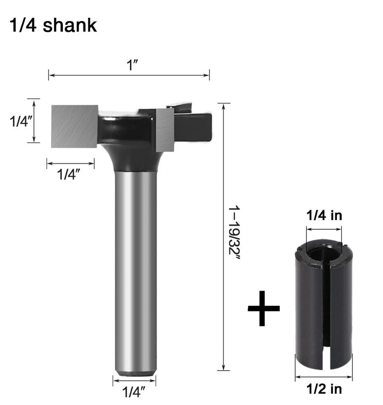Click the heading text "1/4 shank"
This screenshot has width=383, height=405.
click(53, 26)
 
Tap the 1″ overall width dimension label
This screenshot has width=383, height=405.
click(132, 65)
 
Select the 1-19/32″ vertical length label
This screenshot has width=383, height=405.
click(234, 233)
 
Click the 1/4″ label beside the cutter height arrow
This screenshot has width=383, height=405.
click(21, 121)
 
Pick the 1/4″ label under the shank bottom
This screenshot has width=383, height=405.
click(134, 392)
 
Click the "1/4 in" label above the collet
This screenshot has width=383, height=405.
click(324, 216)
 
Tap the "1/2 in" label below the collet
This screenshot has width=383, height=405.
click(324, 389)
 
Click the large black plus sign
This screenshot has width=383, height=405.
click(263, 308)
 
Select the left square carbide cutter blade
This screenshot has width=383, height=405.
click(75, 126)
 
